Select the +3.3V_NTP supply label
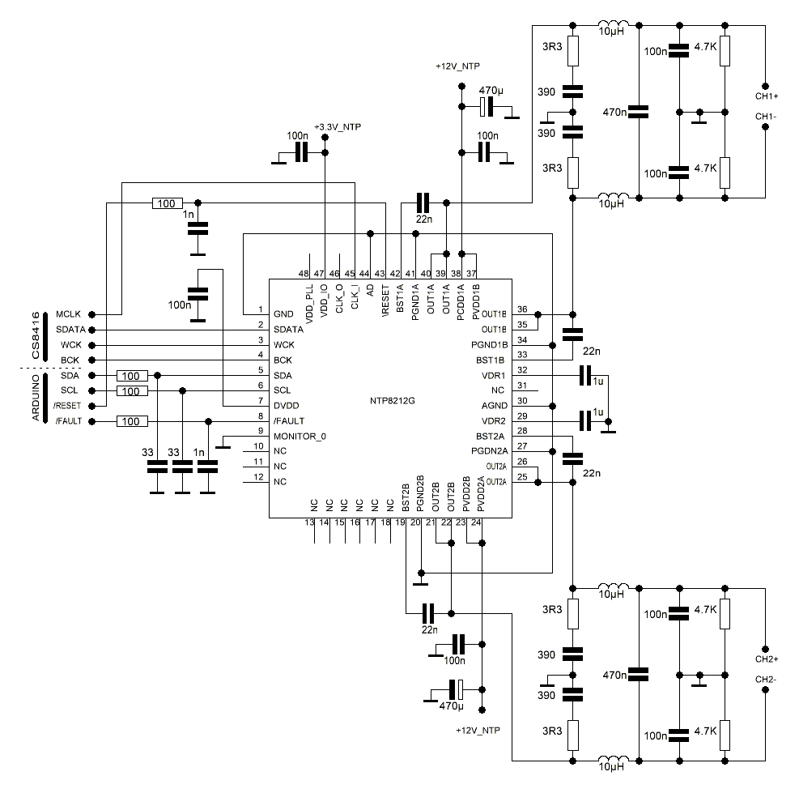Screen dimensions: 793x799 click(x=338, y=127)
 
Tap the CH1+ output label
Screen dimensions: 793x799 click(x=767, y=96)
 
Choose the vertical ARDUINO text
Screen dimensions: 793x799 click(x=36, y=399)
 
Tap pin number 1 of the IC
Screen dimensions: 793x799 click(x=260, y=309)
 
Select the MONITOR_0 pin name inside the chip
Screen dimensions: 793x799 click(x=300, y=437)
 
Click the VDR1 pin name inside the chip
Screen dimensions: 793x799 click(x=493, y=376)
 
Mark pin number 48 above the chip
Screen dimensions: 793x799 click(x=304, y=273)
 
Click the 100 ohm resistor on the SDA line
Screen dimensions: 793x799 click(x=132, y=376)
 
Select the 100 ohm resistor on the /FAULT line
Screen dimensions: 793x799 click(x=132, y=421)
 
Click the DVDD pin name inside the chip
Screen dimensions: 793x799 click(x=287, y=406)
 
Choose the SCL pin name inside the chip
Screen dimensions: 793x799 click(x=283, y=390)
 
